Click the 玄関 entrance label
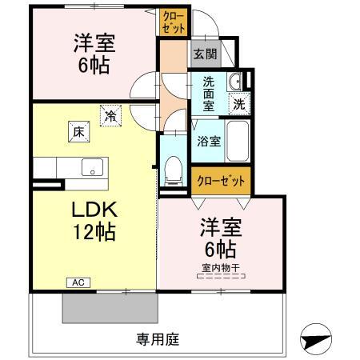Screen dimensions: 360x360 click(205, 55)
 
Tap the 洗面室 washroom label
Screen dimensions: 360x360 click(208, 92)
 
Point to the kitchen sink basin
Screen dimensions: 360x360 click(92, 169)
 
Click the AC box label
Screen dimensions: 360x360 click(78, 282)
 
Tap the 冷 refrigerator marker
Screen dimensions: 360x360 click(109, 115)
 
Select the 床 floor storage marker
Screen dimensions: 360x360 click(80, 133)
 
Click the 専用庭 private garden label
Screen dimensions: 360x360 click(157, 338)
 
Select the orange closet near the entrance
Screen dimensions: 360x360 click(174, 22)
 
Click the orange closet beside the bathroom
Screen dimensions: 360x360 click(221, 179)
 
